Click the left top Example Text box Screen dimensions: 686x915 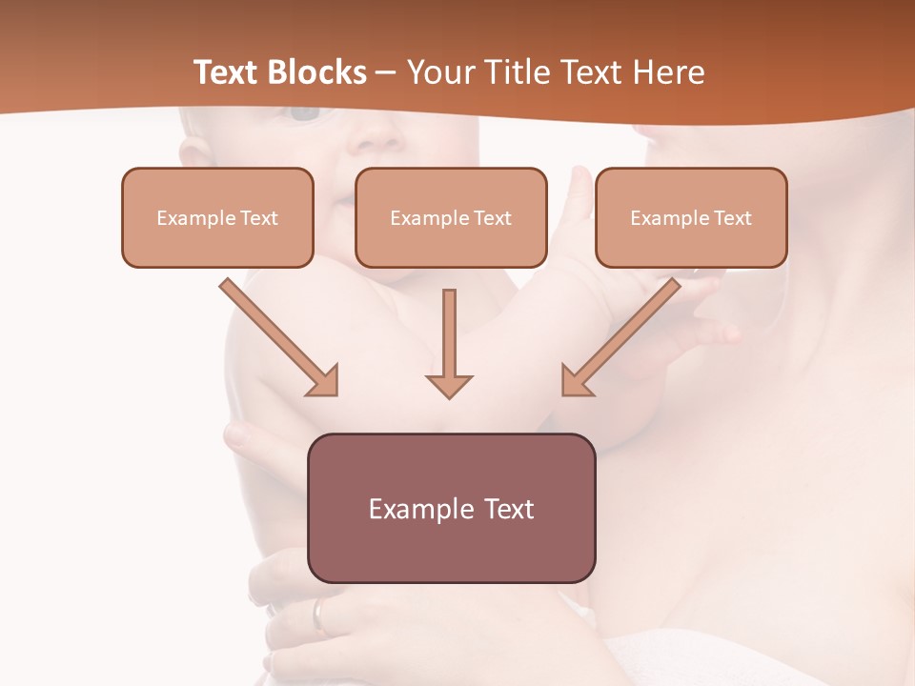coord(217,217)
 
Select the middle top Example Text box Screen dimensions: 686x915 coord(451,217)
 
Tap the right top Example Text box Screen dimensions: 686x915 coord(691,217)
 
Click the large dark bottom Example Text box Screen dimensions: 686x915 coord(451,508)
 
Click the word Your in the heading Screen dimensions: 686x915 coord(437,72)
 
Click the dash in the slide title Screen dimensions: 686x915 coord(386,72)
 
